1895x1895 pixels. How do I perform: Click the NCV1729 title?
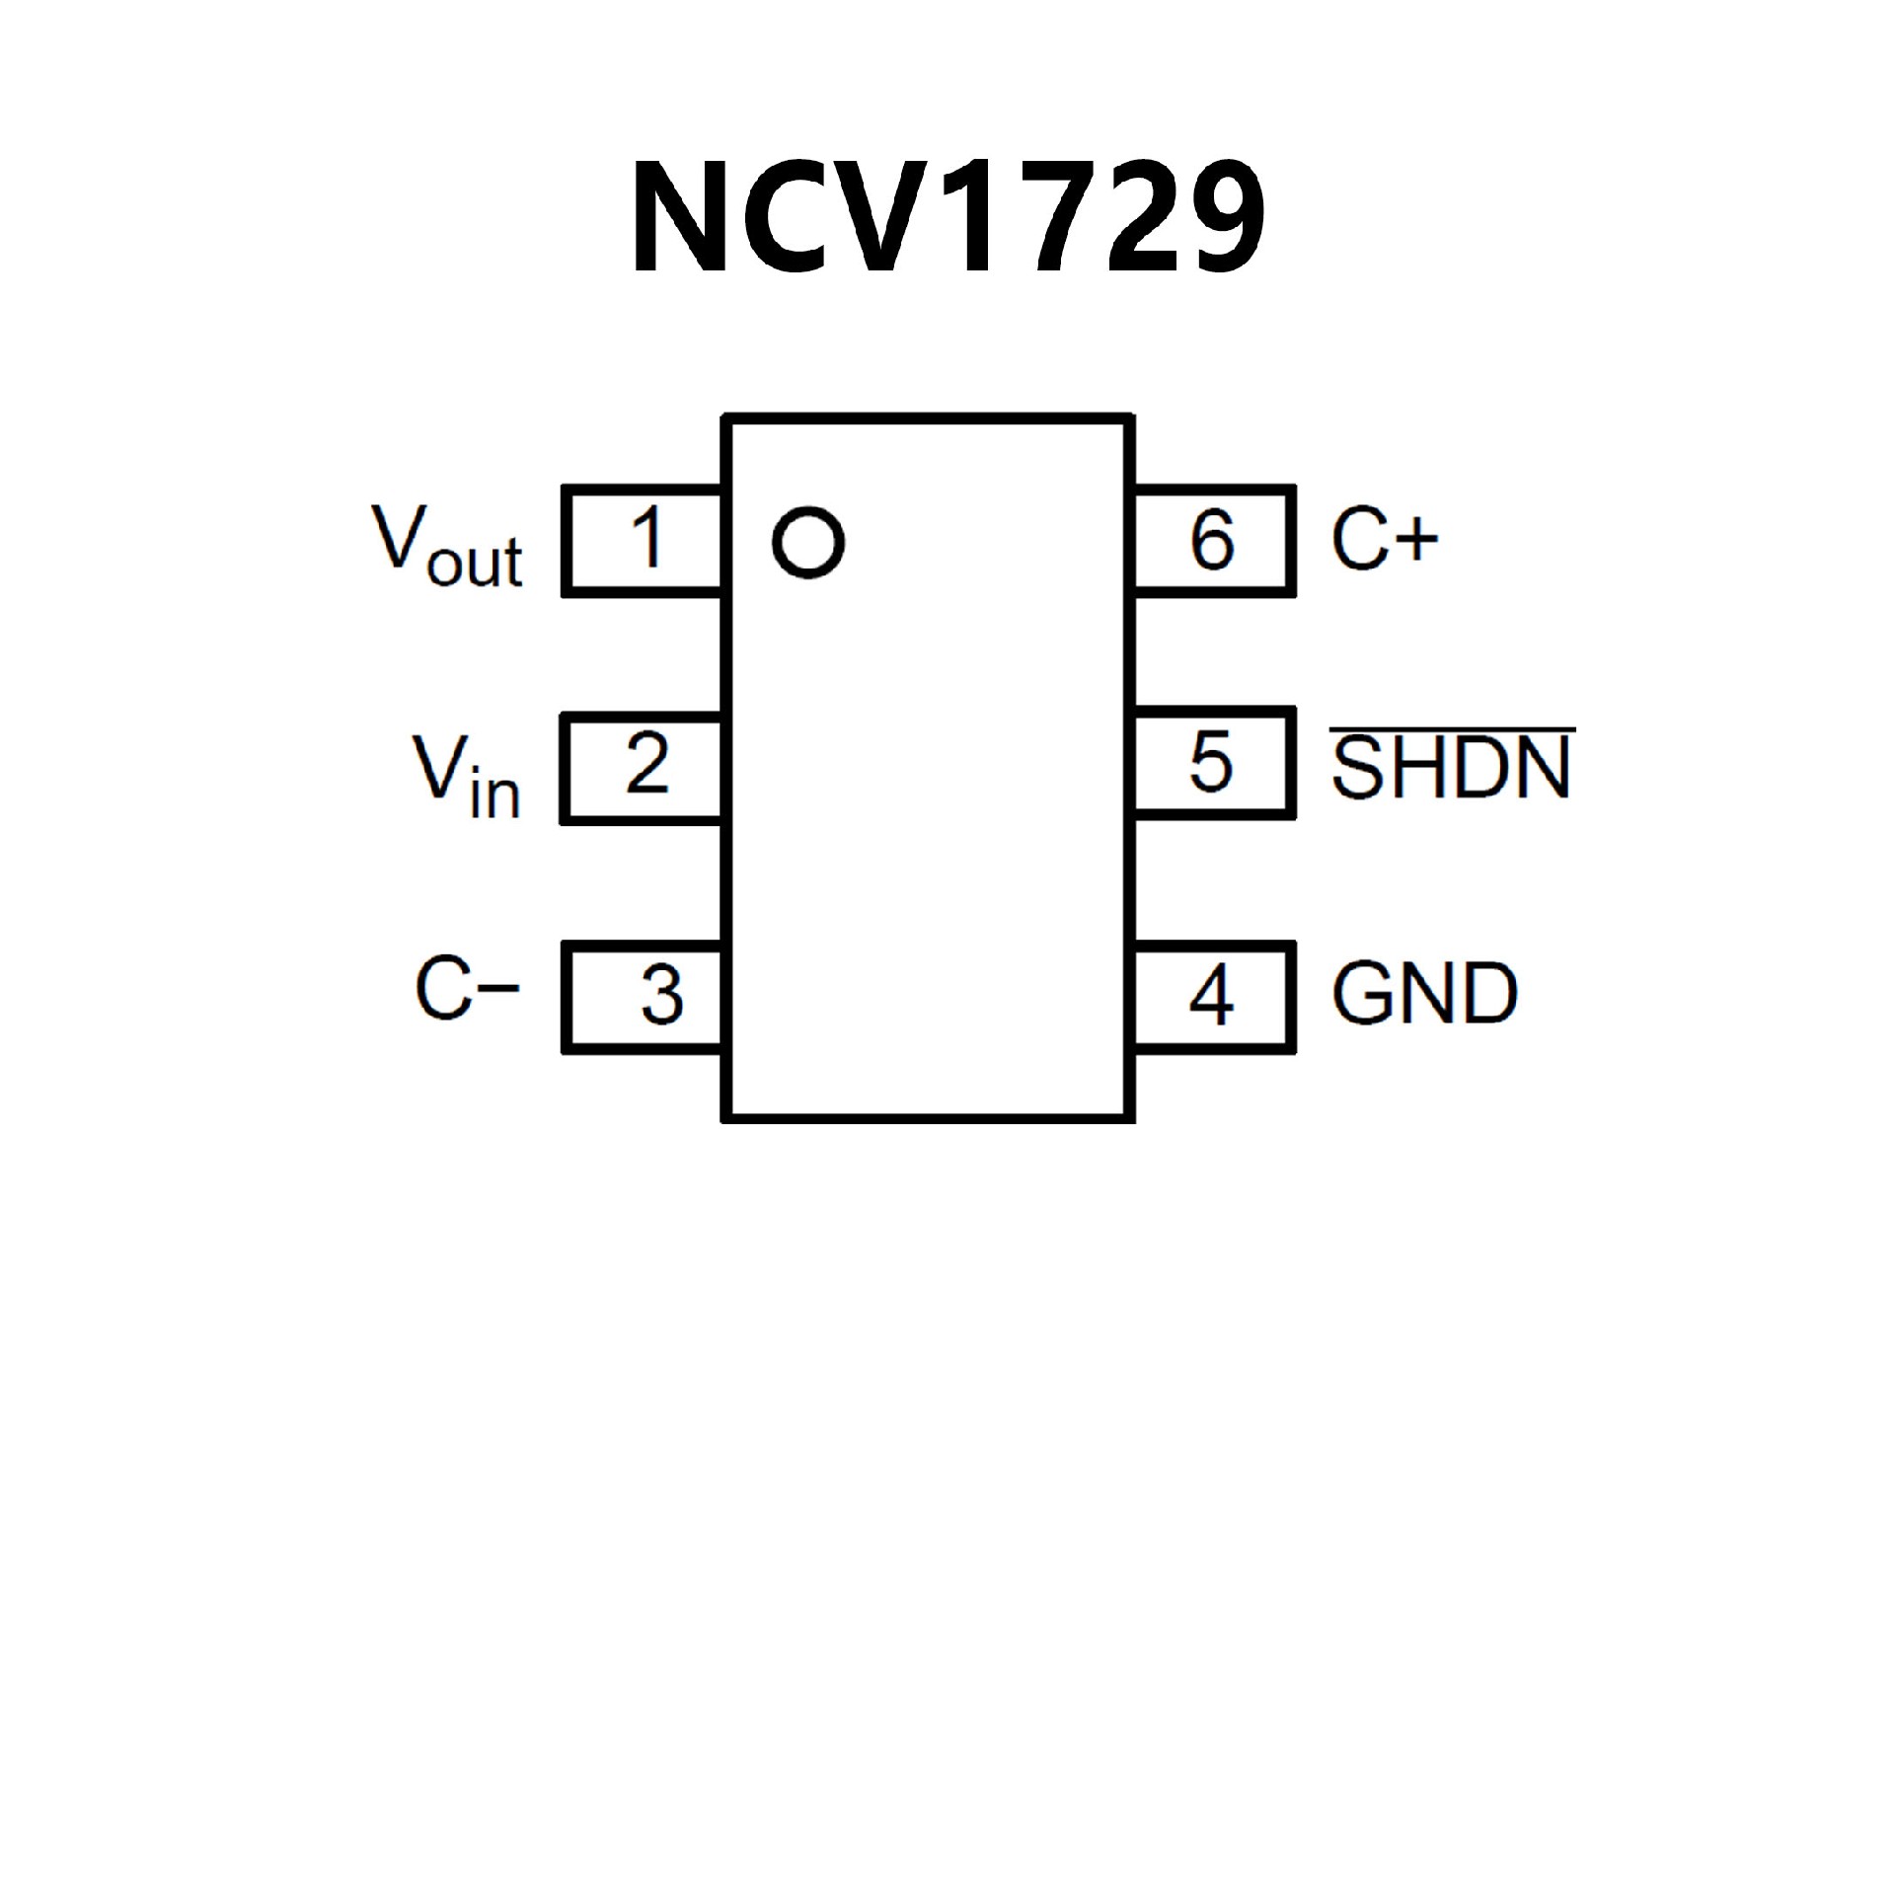947,217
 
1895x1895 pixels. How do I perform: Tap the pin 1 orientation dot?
808,543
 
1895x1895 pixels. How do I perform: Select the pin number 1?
647,538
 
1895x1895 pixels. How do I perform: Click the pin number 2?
647,763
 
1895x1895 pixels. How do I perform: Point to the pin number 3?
661,994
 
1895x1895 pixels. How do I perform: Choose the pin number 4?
1211,994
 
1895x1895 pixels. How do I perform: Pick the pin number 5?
1211,763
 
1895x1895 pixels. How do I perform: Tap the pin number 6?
1212,540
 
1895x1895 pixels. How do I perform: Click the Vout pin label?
446,548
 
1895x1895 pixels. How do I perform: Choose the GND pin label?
1424,993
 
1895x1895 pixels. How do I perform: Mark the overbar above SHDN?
1451,731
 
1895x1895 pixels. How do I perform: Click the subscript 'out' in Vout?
475,565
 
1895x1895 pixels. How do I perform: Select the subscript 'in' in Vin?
494,796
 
